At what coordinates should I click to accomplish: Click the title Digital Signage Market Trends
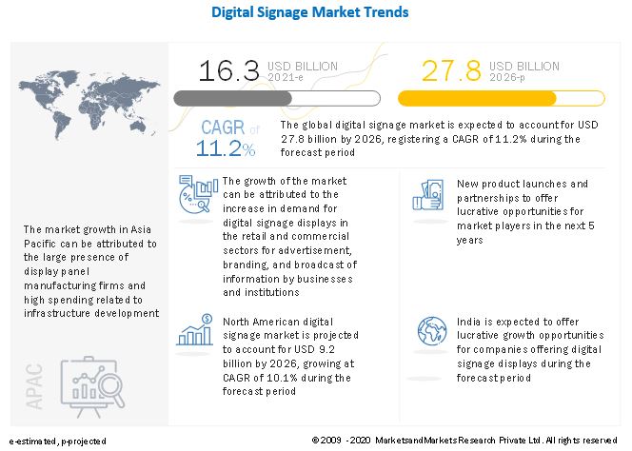pyautogui.click(x=316, y=13)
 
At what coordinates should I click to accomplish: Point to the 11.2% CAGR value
pyautogui.click(x=226, y=148)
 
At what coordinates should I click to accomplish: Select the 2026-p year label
pyautogui.click(x=506, y=77)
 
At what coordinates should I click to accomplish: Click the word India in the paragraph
pyautogui.click(x=468, y=323)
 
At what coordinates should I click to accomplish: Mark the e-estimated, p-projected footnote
pyautogui.click(x=57, y=441)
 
